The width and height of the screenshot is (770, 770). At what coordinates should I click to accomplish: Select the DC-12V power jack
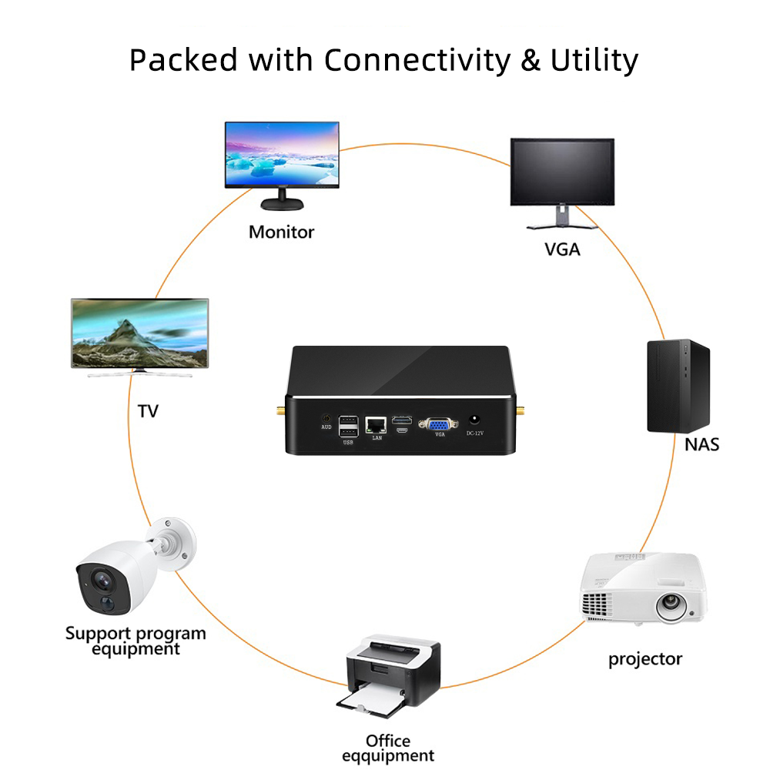click(x=474, y=420)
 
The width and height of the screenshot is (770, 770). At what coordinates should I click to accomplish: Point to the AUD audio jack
click(x=325, y=417)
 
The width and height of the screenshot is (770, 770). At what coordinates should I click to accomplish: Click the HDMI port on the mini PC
click(x=401, y=420)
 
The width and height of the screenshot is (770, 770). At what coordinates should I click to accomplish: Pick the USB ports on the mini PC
click(x=348, y=426)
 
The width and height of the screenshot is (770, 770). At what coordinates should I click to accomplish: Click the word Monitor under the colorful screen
click(x=281, y=232)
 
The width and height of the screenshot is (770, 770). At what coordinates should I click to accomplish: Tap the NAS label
click(x=701, y=444)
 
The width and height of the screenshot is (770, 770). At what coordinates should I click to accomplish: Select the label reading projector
click(x=645, y=659)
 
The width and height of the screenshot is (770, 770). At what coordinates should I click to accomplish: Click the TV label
click(x=147, y=411)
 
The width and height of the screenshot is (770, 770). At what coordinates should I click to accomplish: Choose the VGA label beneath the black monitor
click(x=562, y=249)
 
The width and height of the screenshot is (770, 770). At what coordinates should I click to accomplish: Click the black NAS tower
click(x=678, y=386)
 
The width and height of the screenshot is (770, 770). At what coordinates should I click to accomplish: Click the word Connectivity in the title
click(x=416, y=59)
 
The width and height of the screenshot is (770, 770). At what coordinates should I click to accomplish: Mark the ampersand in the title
click(x=531, y=60)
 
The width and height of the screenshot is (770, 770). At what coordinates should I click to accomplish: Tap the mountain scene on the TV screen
click(x=140, y=333)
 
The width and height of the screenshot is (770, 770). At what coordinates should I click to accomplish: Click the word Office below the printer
click(x=388, y=741)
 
